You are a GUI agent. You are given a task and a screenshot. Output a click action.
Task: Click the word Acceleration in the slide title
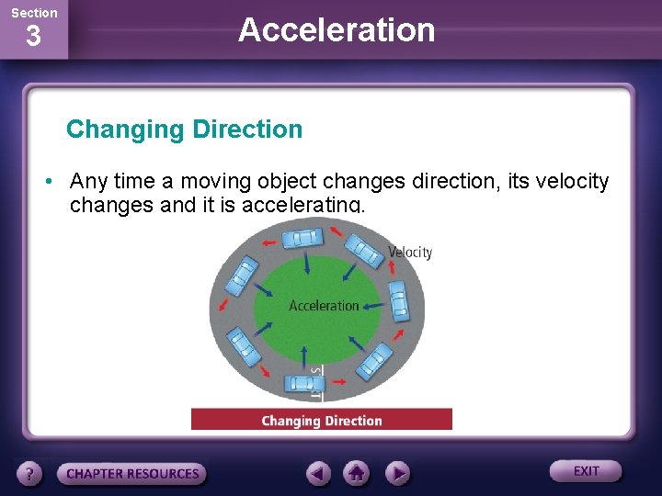(x=337, y=30)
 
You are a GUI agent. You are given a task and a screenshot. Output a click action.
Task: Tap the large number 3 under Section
(x=33, y=38)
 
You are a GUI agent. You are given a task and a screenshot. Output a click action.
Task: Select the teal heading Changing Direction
(x=184, y=130)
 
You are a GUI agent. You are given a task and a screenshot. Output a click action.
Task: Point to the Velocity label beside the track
(x=410, y=253)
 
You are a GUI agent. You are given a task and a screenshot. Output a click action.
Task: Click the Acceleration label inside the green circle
(x=324, y=306)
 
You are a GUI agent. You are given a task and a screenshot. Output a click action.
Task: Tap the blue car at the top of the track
(x=302, y=239)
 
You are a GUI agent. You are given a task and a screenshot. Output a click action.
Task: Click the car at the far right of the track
(x=397, y=299)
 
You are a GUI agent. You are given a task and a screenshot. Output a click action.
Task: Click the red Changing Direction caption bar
(x=321, y=421)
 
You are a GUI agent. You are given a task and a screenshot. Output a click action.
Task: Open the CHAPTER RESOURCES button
(x=131, y=474)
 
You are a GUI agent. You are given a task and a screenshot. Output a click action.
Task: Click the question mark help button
(x=30, y=474)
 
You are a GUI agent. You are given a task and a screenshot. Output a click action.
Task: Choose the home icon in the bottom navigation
(x=357, y=474)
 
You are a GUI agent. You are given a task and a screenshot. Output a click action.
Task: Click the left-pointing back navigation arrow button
(x=319, y=474)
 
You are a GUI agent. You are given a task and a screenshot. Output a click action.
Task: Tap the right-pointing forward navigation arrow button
(x=396, y=474)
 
